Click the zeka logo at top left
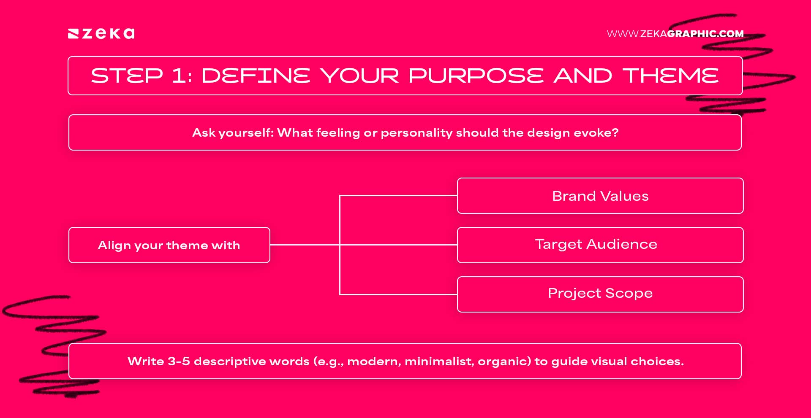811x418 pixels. click(101, 33)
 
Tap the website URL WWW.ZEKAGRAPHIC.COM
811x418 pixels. click(675, 34)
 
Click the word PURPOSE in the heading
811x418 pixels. click(476, 76)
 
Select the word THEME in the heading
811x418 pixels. click(670, 76)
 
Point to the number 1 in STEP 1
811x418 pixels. click(179, 76)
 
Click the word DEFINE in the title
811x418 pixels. click(256, 76)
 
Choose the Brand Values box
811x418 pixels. click(600, 196)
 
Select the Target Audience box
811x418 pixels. click(600, 245)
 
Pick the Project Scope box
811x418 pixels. click(600, 294)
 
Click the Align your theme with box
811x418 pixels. click(169, 245)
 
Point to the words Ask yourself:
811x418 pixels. click(233, 133)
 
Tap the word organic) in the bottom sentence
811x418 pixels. click(504, 361)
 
